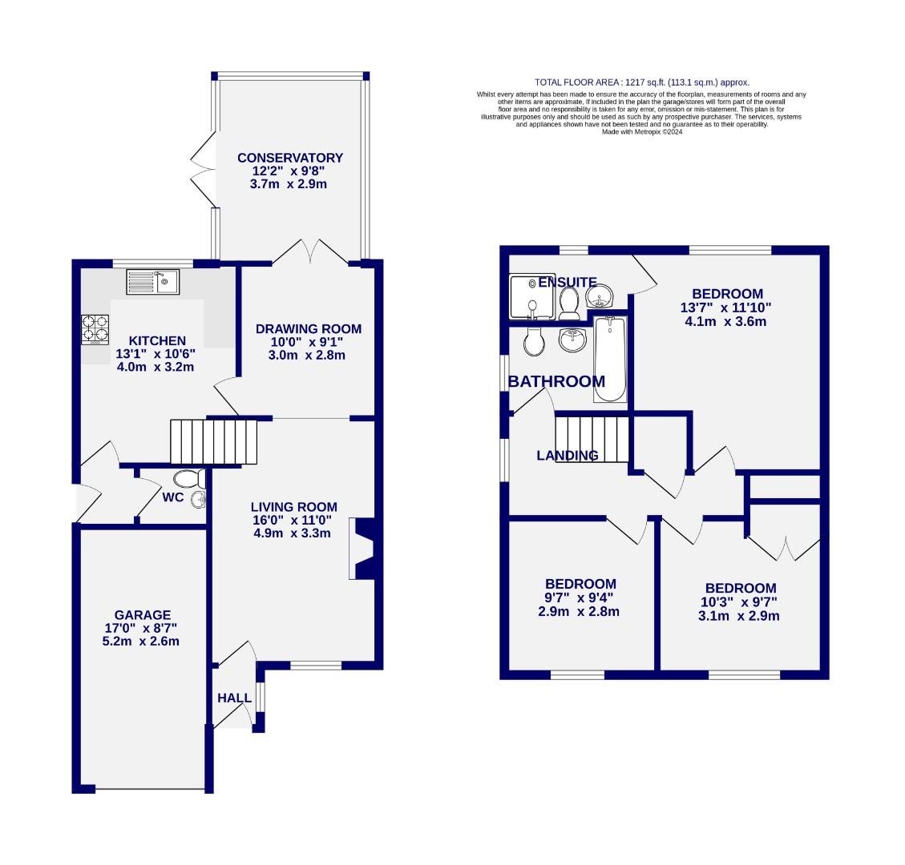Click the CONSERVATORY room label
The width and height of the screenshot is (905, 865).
point(289,158)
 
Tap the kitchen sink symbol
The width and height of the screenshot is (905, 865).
point(153,282)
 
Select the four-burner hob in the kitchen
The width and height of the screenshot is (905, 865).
point(95,329)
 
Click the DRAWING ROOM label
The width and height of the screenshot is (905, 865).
point(309,328)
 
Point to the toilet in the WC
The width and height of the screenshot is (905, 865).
point(190,480)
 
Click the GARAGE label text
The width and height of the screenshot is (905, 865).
point(142,615)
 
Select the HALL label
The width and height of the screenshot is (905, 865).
point(234,698)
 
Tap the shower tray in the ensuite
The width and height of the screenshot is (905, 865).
point(530,294)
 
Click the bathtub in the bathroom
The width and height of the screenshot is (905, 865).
point(610,359)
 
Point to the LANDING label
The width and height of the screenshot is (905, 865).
point(567,456)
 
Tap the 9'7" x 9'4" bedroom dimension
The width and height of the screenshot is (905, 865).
point(580,597)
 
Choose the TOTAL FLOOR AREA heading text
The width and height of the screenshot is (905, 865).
point(641,82)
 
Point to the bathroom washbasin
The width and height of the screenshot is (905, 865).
point(572,340)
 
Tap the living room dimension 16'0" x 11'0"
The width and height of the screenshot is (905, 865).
point(293,520)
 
